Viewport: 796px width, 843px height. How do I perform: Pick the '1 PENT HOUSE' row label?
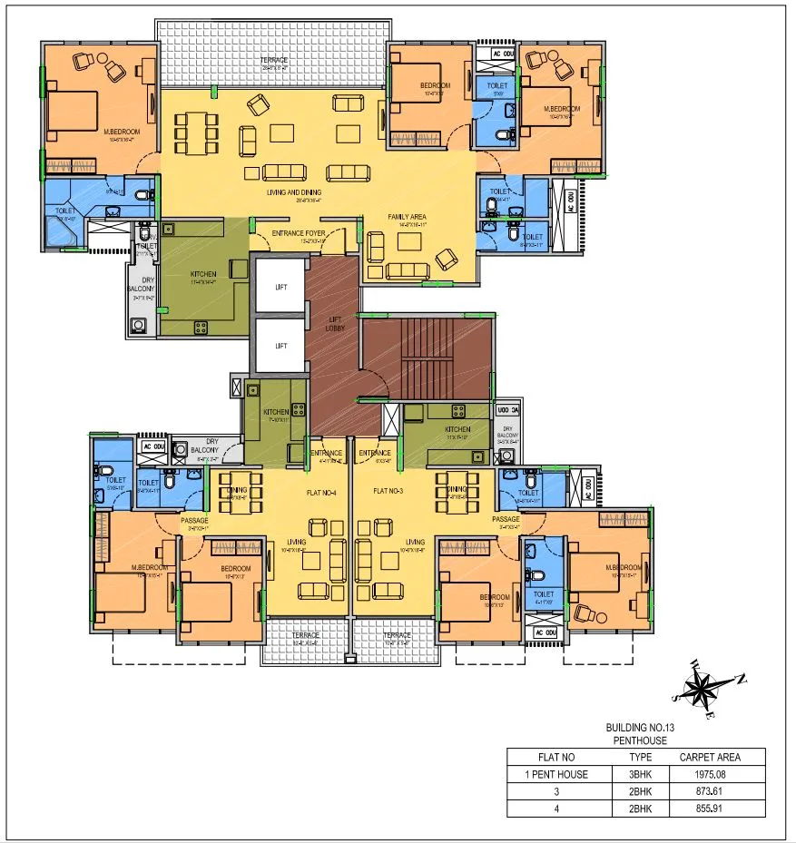[557, 774]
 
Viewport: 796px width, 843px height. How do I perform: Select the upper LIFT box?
[281, 287]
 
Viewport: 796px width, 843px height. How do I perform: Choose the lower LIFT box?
[281, 346]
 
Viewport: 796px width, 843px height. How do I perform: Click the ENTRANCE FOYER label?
[299, 233]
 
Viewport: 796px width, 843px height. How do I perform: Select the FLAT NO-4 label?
[320, 492]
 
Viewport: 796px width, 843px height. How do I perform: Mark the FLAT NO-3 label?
[388, 492]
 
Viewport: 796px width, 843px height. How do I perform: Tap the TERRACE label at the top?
[275, 60]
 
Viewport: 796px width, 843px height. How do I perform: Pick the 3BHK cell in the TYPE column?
[641, 774]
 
